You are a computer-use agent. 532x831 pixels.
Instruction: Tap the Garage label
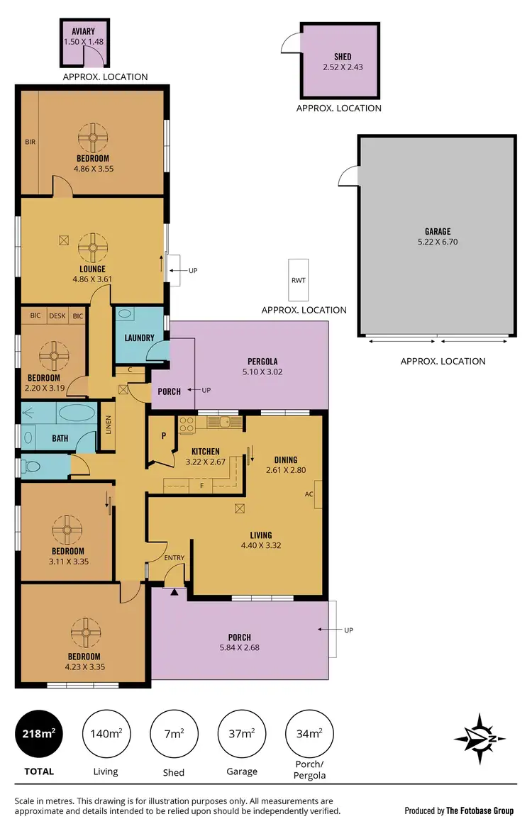click(437, 231)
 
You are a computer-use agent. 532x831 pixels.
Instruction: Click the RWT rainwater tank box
click(298, 280)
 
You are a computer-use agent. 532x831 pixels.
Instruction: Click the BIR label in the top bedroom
click(30, 142)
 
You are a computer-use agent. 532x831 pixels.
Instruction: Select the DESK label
click(57, 316)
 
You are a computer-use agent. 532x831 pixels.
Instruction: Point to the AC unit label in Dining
click(309, 493)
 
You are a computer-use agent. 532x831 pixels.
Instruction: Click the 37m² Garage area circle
click(241, 732)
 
